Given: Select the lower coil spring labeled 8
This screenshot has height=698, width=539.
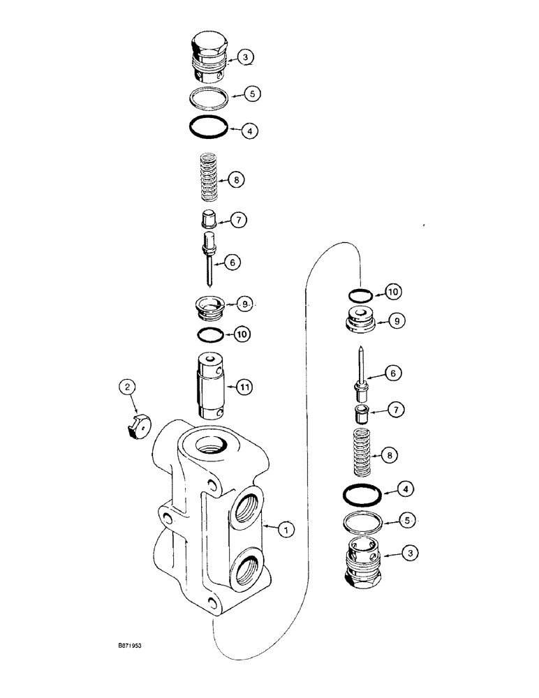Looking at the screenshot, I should point(362,454).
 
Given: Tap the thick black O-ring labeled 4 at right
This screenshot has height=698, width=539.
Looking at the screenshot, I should point(362,496).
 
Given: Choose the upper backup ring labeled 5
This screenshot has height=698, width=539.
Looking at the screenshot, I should point(209,94).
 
